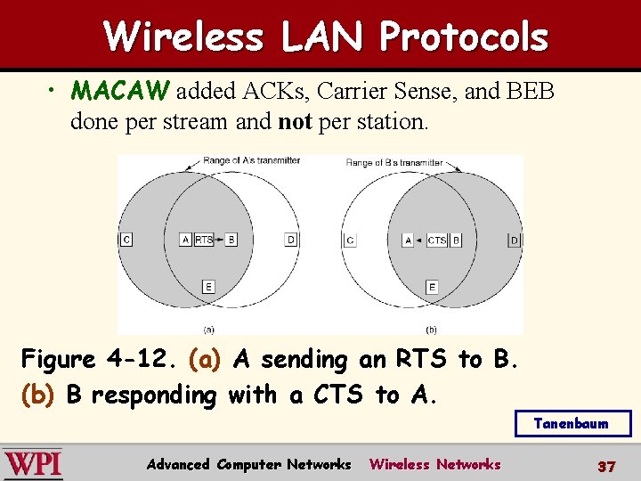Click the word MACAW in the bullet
tap(123, 91)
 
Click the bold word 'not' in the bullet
tap(295, 122)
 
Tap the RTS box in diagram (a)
tap(204, 240)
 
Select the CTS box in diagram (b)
tap(437, 240)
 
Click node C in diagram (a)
tap(126, 240)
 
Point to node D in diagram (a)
tap(291, 240)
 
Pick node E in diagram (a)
tap(208, 287)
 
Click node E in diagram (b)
tap(432, 287)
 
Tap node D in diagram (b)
tap(514, 240)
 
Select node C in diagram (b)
tap(350, 240)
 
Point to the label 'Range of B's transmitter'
tap(394, 162)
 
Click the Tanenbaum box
tap(572, 424)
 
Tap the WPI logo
tap(33, 464)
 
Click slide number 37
tap(606, 466)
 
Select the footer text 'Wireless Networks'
tap(434, 464)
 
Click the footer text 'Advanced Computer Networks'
tap(248, 464)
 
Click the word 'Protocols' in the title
tap(463, 37)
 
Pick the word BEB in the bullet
tap(532, 91)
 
